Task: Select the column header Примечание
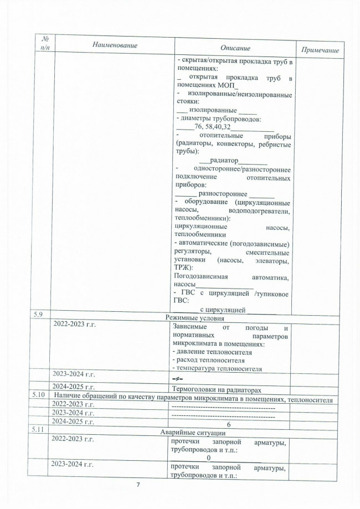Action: click(321, 50)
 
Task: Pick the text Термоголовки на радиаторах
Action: click(214, 388)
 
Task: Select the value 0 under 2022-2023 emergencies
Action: click(209, 457)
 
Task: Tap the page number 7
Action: click(139, 485)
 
